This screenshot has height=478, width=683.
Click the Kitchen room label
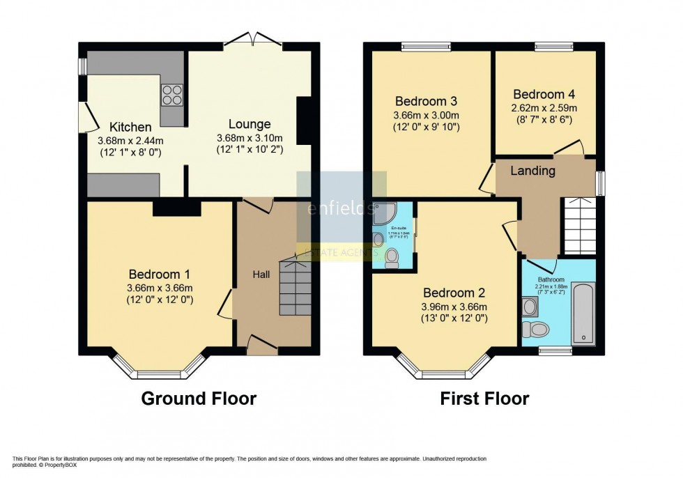pyautogui.click(x=130, y=128)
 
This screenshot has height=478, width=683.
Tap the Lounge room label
pyautogui.click(x=250, y=125)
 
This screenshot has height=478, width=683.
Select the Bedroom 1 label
pyautogui.click(x=160, y=275)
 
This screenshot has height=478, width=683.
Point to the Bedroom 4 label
pyautogui.click(x=544, y=95)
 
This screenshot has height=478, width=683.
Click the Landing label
pyautogui.click(x=533, y=171)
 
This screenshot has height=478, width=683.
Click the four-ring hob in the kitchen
pyautogui.click(x=172, y=95)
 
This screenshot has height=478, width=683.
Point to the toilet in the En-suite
pyautogui.click(x=392, y=259)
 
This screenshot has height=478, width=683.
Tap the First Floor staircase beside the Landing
pyautogui.click(x=578, y=224)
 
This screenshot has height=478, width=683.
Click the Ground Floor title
pyautogui.click(x=199, y=399)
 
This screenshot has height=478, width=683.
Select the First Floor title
pyautogui.click(x=484, y=399)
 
